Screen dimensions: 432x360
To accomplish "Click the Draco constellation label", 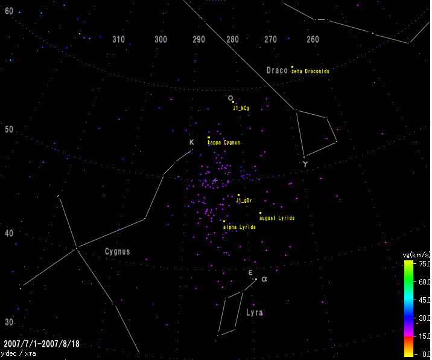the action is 277,71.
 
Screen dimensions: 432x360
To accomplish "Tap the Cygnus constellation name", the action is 117,252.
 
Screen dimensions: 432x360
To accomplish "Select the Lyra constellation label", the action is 254,313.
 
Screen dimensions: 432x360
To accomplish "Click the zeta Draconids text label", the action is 311,71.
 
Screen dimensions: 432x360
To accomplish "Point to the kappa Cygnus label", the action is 224,143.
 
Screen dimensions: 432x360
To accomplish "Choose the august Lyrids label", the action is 277,218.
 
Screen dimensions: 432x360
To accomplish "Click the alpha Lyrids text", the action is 240,227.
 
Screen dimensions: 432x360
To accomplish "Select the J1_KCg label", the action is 241,108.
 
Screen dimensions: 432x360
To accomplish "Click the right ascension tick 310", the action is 119,39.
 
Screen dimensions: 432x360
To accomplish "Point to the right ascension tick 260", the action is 313,39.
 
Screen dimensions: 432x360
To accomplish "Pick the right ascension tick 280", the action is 232,39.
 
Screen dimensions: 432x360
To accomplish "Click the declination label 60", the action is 9,11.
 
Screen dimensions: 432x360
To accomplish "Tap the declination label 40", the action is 9,233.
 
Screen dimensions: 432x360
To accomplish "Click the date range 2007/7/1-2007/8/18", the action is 41,344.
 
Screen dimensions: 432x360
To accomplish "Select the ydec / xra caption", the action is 19,353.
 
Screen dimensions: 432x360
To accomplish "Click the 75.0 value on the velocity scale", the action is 424,264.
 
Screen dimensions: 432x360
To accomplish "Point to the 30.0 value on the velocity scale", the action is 424,318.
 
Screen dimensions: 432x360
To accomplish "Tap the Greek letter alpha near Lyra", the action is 264,279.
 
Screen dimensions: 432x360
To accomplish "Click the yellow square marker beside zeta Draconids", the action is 292,67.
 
